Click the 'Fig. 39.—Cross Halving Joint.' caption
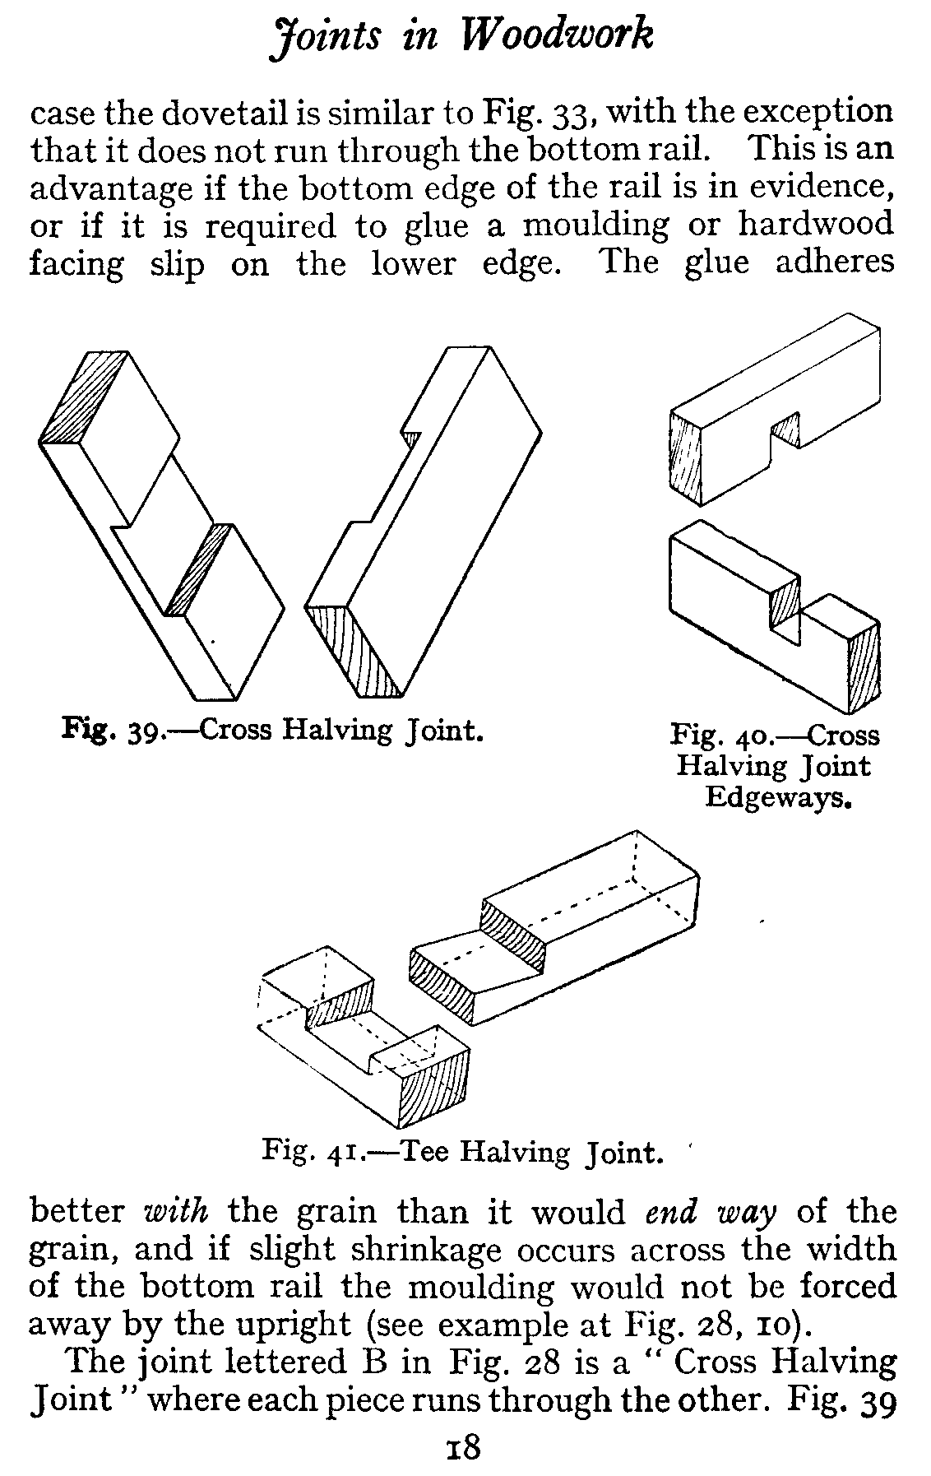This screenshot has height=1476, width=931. pyautogui.click(x=272, y=730)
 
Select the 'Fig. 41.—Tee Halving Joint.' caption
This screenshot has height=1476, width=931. pyautogui.click(x=461, y=1150)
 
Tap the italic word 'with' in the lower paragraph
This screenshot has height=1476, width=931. pyautogui.click(x=177, y=1212)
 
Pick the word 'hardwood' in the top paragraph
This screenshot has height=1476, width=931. pyautogui.click(x=815, y=224)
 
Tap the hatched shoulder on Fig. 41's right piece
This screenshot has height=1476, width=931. pyautogui.click(x=514, y=933)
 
